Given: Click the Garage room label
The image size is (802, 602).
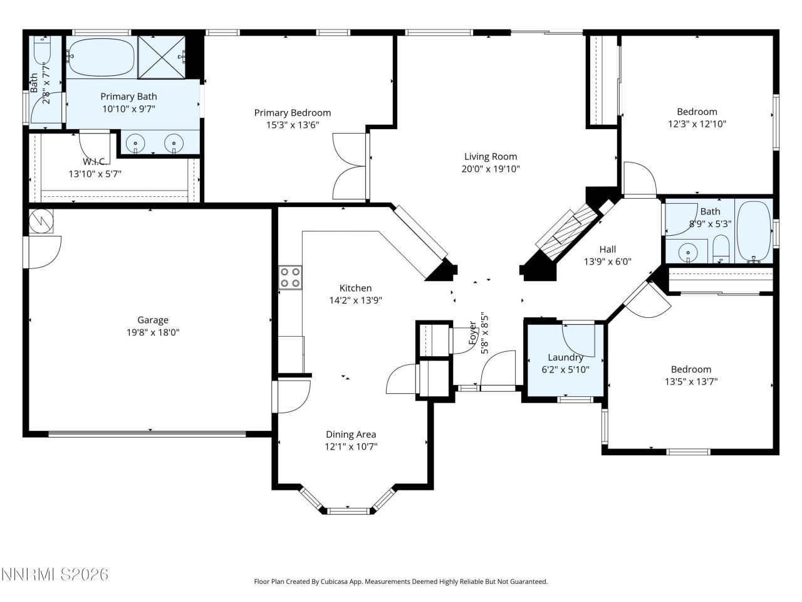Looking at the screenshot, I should tap(153, 320).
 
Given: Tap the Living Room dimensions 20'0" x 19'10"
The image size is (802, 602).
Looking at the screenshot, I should tap(492, 169).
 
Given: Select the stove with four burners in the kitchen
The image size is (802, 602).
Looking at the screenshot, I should tap(290, 277).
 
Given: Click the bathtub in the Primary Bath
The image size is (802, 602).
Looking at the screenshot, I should tap(101, 58).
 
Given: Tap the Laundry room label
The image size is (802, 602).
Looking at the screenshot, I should tap(566, 357).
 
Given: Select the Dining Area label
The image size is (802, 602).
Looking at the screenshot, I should tap(351, 435).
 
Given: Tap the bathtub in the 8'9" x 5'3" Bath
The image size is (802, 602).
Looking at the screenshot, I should tap(754, 230).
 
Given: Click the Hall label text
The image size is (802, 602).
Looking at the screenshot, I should tap(607, 250).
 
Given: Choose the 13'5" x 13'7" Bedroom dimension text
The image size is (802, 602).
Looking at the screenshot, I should tap(691, 381).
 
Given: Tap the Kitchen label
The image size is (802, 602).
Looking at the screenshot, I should tap(355, 288).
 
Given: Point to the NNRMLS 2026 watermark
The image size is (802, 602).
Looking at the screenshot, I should tap(55, 574).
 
